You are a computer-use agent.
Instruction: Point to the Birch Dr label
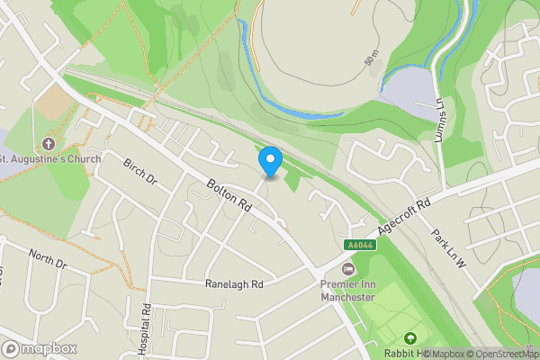[140, 169]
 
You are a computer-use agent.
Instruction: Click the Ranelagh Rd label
[233, 283]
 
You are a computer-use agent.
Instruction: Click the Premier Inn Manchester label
[347, 291]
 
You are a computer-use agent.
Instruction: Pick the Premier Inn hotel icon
[347, 269]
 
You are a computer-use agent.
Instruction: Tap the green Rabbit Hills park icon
[411, 338]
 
